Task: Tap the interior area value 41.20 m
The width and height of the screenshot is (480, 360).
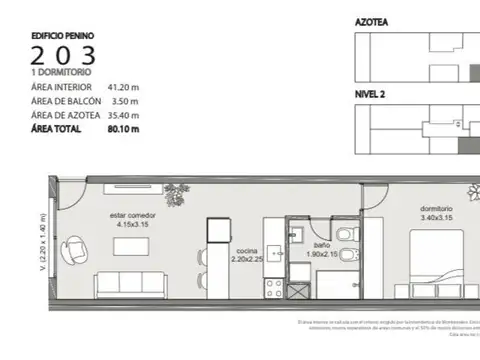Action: [x=125, y=88]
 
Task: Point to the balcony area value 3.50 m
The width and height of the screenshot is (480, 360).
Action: [x=123, y=101]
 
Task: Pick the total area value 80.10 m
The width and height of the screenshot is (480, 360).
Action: [x=125, y=129]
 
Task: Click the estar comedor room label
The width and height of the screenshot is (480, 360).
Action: [x=130, y=218]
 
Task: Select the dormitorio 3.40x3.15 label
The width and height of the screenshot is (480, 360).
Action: [x=436, y=212]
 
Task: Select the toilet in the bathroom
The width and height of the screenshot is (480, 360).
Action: [x=345, y=233]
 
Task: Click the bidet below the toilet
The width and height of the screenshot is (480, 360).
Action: [x=346, y=256]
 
